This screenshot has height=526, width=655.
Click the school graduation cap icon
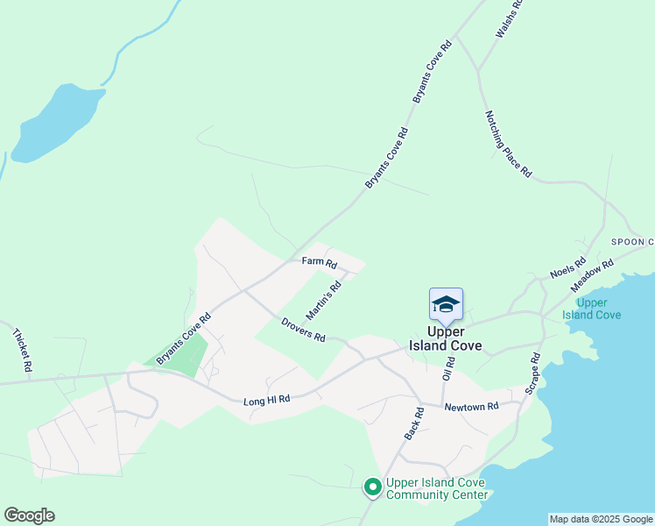pos(446,304)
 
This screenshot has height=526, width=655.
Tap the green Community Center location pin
pos(372,485)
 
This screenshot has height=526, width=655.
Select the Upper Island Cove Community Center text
pos(437,488)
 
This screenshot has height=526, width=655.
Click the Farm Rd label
pos(319,261)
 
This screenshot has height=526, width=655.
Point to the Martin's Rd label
pos(323,301)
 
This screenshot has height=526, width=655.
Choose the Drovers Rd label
pos(303,330)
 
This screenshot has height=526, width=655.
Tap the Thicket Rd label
pos(23,349)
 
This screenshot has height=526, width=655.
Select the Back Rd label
pos(413,423)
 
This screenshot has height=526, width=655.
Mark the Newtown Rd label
pos(470,407)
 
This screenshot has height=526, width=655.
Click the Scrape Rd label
pos(533,373)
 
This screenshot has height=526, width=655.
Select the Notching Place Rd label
pos(507,144)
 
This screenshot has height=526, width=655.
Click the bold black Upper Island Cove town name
pos(445,338)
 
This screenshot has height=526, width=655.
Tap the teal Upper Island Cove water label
pos(592,309)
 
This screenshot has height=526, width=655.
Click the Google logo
pos(29,515)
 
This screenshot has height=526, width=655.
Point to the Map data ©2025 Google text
pos(601,519)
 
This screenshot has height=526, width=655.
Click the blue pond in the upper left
pos(53,123)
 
